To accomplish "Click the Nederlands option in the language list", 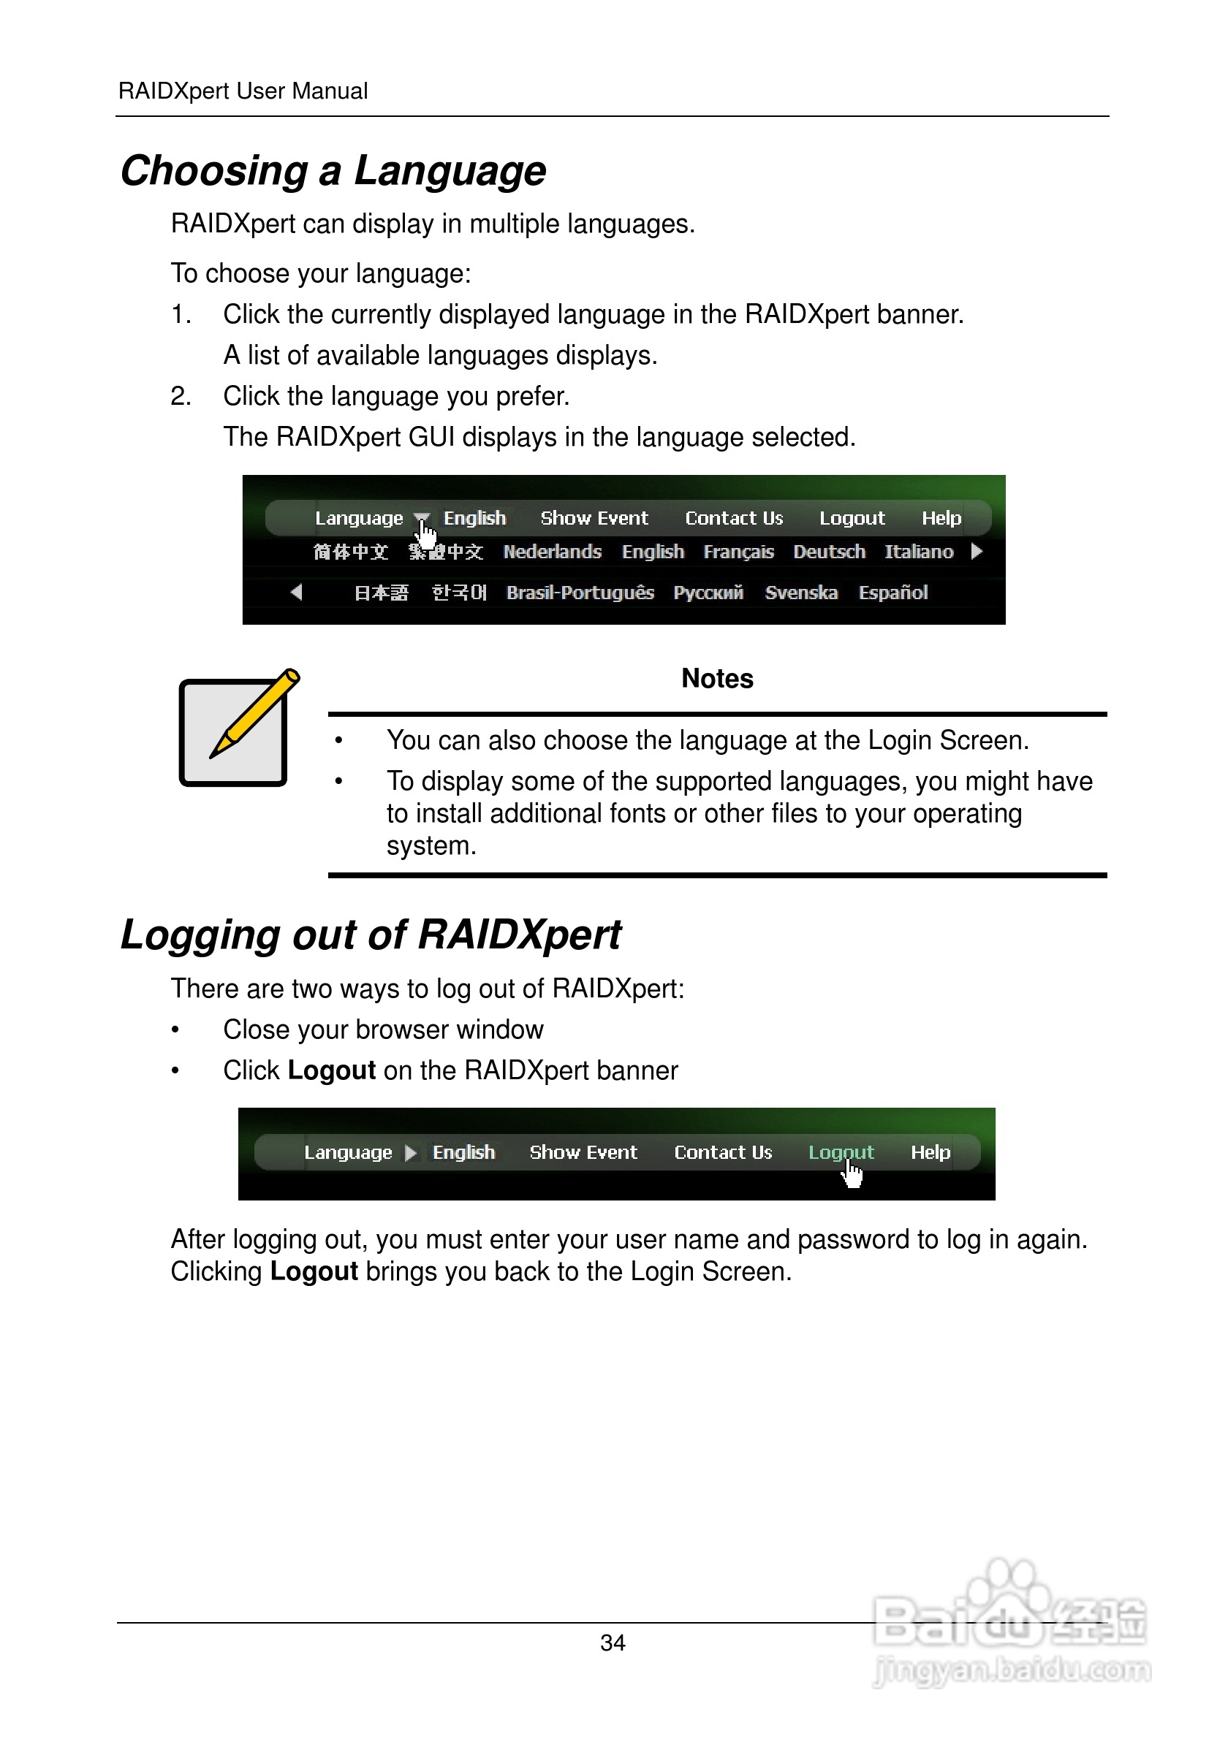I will [553, 552].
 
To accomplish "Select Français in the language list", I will [738, 552].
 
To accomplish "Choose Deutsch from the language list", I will [829, 552].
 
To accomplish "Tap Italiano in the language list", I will [918, 552].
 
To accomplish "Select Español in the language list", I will [892, 593].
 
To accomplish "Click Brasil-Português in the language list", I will [580, 593].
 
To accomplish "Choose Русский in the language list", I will [708, 593].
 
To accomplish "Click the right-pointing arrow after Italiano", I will [977, 551].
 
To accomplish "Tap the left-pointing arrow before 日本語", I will [296, 592].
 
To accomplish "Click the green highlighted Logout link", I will [840, 1152].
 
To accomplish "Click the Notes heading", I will [716, 679].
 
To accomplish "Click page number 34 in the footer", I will [612, 1643].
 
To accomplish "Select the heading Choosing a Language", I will [333, 170].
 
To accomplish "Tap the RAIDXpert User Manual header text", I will [243, 91].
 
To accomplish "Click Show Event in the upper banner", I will [594, 518].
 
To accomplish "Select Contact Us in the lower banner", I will [723, 1152].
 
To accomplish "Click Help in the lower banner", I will [930, 1152].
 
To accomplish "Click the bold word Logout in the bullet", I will [331, 1070].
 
